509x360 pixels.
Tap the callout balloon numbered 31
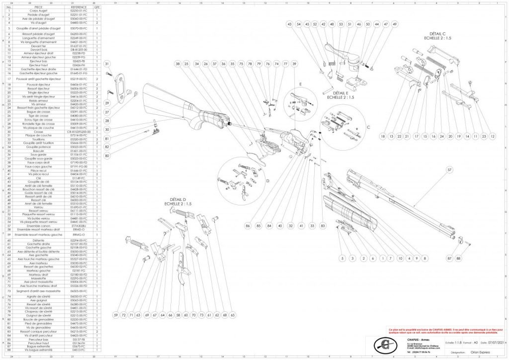coord(106,64)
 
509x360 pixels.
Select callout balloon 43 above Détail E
coord(289,24)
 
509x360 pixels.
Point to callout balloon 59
coord(116,315)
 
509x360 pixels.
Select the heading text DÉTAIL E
coord(340,93)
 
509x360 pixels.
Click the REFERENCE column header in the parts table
coord(79,6)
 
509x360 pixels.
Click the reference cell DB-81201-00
coord(79,50)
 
